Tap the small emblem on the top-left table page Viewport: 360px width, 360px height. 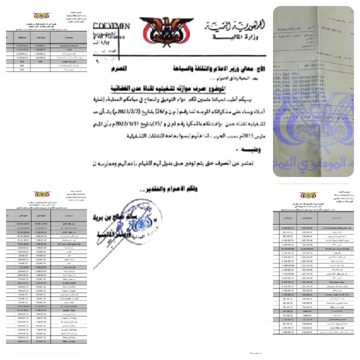tap(41, 16)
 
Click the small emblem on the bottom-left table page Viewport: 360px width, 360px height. tap(42, 195)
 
